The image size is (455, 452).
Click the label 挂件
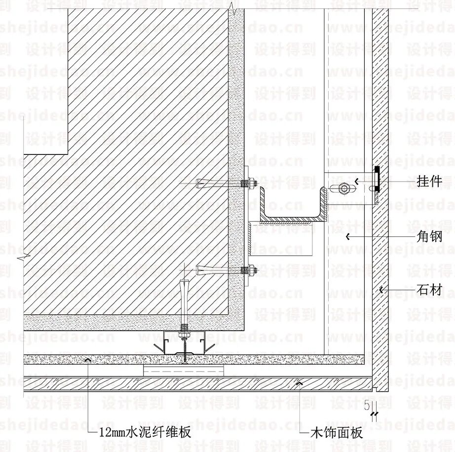(x=429, y=182)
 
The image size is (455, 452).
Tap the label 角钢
(x=429, y=236)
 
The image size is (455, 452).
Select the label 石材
(x=429, y=290)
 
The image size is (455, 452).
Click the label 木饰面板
(x=337, y=433)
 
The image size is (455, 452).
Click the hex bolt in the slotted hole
(x=344, y=188)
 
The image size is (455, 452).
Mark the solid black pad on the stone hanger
(x=377, y=179)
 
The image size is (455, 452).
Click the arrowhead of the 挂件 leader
(x=358, y=181)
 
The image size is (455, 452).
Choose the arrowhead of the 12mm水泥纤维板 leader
(x=88, y=360)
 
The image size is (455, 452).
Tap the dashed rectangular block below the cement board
(x=184, y=370)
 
